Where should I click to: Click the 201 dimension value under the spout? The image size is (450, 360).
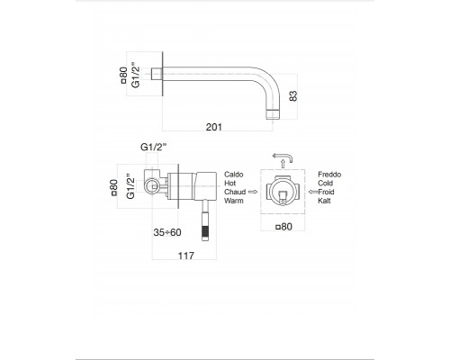pos(213,127)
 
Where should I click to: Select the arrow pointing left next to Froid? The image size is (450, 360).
pos(310,192)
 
